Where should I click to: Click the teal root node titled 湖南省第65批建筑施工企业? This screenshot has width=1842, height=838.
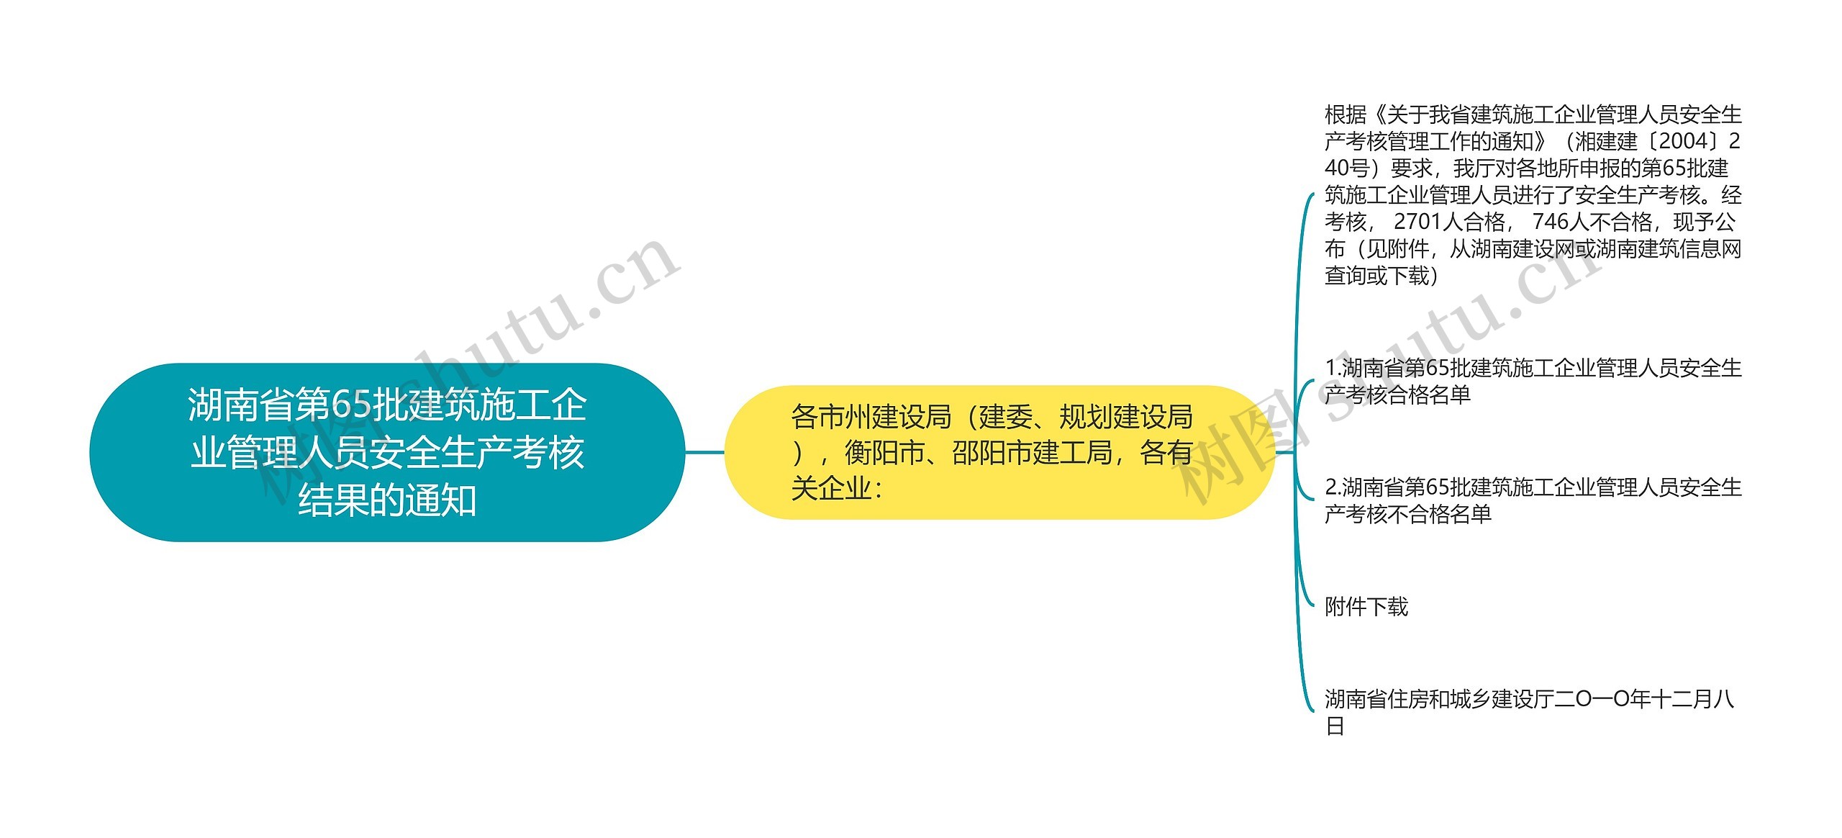click(x=387, y=452)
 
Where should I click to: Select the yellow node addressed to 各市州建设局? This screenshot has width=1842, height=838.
click(x=999, y=452)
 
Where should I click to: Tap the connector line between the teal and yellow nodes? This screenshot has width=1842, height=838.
click(x=704, y=452)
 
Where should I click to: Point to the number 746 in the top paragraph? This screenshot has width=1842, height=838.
click(x=1551, y=222)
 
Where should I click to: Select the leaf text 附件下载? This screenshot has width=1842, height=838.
click(x=1366, y=607)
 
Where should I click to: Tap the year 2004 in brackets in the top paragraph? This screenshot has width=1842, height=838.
click(x=1682, y=141)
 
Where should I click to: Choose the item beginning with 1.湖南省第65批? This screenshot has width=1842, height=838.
click(x=1533, y=381)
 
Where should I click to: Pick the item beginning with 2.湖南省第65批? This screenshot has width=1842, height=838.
click(x=1533, y=500)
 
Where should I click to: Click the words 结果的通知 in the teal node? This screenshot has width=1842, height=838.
click(x=387, y=500)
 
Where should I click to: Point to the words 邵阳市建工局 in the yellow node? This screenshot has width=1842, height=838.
click(x=1032, y=453)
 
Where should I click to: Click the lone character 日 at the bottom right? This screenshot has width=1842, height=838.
click(x=1335, y=726)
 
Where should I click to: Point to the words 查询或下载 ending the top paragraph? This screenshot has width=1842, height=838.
click(x=1376, y=276)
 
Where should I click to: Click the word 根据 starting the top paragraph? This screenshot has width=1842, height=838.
click(x=1346, y=114)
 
